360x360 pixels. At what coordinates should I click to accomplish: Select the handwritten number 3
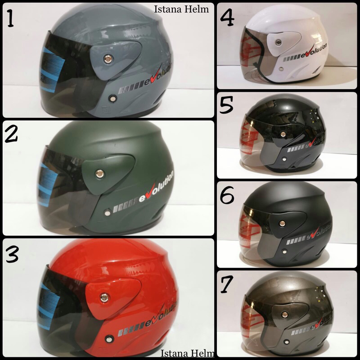pyautogui.click(x=12, y=255)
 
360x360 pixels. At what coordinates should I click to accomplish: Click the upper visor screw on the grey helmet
pyautogui.click(x=108, y=58)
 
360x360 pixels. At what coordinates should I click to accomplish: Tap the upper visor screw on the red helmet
pyautogui.click(x=104, y=296)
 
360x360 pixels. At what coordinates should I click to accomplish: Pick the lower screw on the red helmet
pyautogui.click(x=108, y=337)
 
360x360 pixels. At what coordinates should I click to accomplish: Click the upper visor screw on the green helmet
pyautogui.click(x=98, y=172)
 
